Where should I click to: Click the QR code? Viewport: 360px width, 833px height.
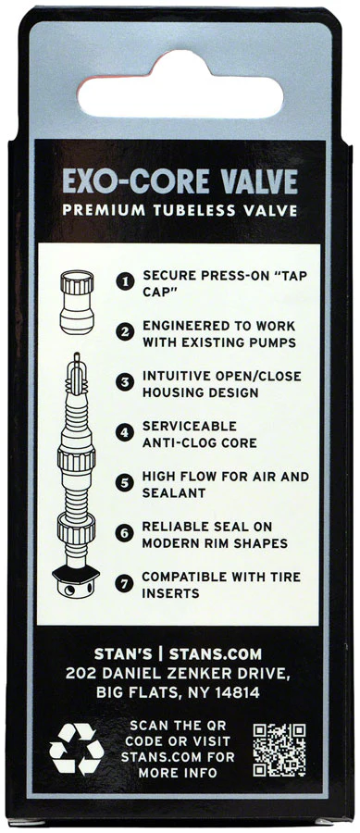[x=279, y=750]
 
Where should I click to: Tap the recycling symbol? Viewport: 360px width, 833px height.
[x=77, y=749]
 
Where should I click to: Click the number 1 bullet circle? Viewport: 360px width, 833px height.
[x=125, y=282]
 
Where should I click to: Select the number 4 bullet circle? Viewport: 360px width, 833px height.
[x=125, y=432]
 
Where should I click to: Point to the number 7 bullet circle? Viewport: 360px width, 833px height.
[x=125, y=583]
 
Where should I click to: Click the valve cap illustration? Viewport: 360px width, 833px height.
[x=77, y=303]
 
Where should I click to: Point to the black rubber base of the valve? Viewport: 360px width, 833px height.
[x=77, y=573]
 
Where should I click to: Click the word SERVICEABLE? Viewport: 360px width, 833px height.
[x=190, y=426]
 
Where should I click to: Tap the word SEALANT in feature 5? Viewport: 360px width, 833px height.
[x=174, y=493]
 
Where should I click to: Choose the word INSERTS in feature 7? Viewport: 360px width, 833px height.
[x=170, y=593]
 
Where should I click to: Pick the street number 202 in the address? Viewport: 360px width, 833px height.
[x=81, y=674]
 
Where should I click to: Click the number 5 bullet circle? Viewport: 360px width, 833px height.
[x=125, y=483]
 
